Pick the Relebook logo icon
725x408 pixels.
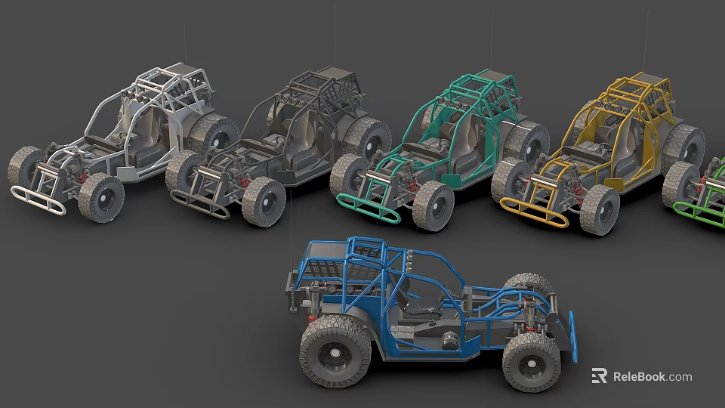(599, 376)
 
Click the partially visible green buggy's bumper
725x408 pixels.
(699, 215)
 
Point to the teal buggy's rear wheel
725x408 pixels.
(529, 143)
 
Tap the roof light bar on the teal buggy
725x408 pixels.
(453, 100)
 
